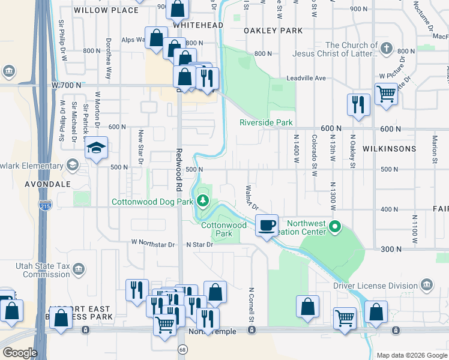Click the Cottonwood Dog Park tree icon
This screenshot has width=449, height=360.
203,201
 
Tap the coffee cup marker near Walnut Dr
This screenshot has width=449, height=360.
267,226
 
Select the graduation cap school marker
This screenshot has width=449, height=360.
96,149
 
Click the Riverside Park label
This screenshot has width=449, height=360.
266,122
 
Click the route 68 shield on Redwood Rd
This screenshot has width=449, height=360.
181,349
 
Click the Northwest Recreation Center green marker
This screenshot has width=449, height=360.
335,227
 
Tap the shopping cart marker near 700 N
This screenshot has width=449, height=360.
385,93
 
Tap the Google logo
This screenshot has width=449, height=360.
20,353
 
